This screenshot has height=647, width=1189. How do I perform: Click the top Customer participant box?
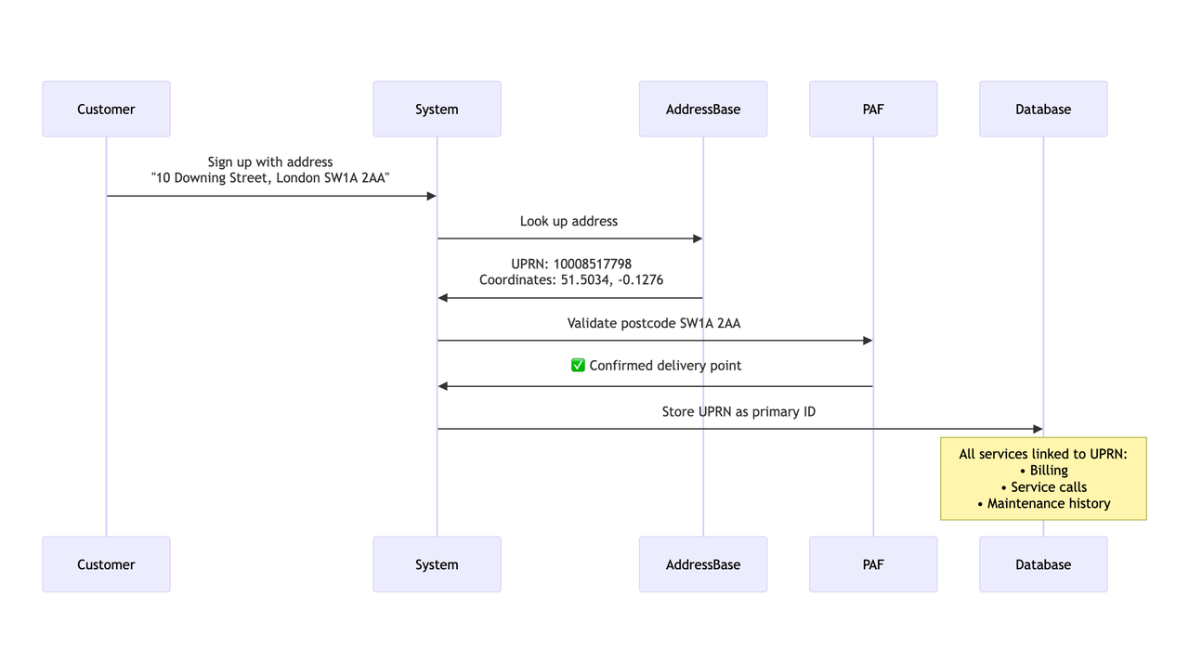click(x=106, y=109)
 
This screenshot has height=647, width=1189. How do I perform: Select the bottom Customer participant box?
click(x=106, y=564)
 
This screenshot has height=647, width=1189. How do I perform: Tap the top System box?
click(x=437, y=109)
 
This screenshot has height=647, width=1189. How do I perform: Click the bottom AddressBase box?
click(x=703, y=564)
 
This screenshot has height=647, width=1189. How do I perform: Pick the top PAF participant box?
click(x=873, y=109)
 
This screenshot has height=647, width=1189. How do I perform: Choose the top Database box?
click(x=1043, y=109)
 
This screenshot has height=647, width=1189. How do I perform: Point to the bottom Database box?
click(x=1043, y=564)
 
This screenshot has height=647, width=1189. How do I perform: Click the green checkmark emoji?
click(x=578, y=366)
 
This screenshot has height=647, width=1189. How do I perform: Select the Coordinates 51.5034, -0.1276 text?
click(x=571, y=279)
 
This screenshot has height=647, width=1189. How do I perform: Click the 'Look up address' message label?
click(x=568, y=221)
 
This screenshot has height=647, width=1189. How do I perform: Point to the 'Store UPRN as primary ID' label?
click(x=738, y=411)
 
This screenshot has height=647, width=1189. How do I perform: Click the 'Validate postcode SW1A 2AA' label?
click(x=654, y=323)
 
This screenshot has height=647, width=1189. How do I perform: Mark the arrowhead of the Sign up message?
click(x=431, y=196)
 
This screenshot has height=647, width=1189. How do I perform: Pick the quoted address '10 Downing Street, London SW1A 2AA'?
click(x=270, y=177)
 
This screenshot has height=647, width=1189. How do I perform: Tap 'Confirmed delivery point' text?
click(x=665, y=366)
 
